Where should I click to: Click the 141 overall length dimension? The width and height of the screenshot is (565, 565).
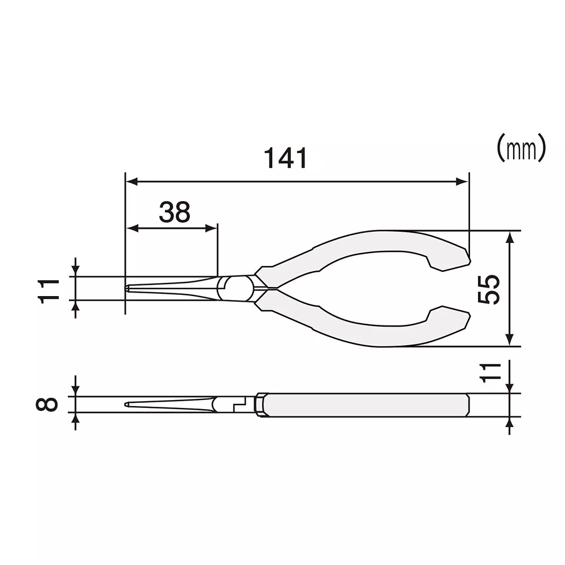point(287,158)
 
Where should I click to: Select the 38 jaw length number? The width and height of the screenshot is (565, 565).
point(174,212)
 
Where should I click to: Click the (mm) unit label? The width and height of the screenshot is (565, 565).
point(521,148)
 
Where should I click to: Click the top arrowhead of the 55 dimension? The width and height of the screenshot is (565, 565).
point(510,237)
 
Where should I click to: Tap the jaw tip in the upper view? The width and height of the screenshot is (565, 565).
point(128,289)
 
